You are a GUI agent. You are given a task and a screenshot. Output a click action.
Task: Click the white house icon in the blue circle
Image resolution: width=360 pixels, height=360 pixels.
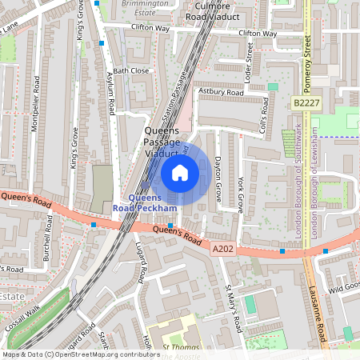[180, 173]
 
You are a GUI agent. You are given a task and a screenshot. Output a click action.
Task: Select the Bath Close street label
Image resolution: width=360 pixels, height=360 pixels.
[131, 70]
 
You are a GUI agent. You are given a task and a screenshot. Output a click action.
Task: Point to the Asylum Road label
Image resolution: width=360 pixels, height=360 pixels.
[110, 90]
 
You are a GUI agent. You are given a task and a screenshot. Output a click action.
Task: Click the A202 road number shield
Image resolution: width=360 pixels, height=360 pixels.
[224, 250]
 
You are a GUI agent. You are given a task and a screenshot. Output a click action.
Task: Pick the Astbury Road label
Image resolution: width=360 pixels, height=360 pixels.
[222, 93]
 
